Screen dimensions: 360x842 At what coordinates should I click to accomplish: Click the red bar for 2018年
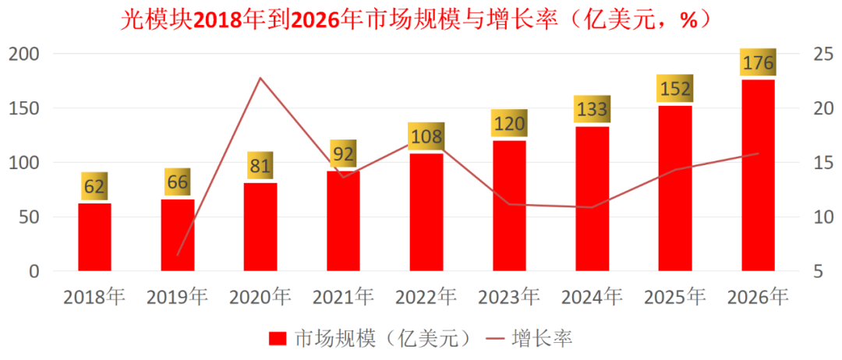click(94, 237)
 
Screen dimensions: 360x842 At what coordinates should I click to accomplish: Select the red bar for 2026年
click(758, 175)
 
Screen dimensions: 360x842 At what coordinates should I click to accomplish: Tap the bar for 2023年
click(509, 206)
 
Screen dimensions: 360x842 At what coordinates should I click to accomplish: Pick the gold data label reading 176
click(758, 63)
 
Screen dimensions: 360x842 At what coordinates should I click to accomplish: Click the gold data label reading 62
click(94, 187)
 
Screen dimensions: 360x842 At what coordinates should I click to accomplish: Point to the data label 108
click(426, 137)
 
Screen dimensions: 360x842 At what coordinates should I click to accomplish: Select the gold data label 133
click(593, 110)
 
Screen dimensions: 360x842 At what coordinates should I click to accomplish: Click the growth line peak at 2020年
click(260, 78)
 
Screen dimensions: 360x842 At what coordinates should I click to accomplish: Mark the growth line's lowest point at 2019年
click(178, 255)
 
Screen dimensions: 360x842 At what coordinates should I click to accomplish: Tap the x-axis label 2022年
click(426, 297)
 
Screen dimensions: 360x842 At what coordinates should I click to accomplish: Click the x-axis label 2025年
click(675, 297)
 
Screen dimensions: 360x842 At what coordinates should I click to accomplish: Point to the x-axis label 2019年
click(178, 297)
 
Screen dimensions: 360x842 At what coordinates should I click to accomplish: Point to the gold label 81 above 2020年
click(260, 167)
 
